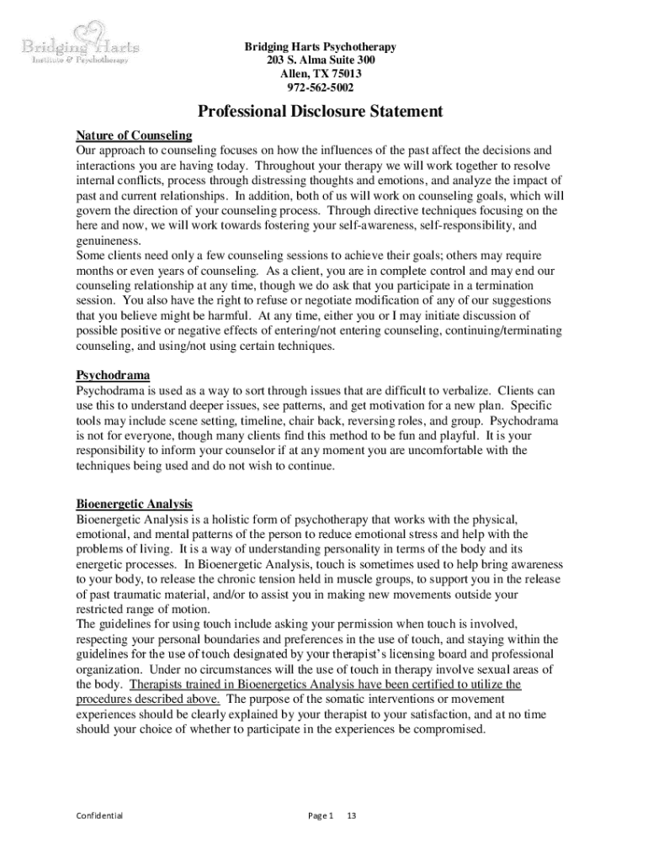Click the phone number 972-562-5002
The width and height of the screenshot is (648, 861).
coord(321,87)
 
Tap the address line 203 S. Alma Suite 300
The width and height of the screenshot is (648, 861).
coord(320,61)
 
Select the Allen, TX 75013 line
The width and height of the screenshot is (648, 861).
coord(321,74)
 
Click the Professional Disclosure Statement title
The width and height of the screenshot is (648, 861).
coord(320,111)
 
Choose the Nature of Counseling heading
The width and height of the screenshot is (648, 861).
coord(135,135)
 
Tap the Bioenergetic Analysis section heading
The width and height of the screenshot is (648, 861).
coord(135,504)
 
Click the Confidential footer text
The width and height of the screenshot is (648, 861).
coord(99,815)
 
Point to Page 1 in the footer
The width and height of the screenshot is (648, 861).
coord(321,815)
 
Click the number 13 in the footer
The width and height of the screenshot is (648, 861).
coord(353,815)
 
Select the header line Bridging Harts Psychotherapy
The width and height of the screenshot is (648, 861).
coord(320,47)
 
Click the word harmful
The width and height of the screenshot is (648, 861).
coord(229,315)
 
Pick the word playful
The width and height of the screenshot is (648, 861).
coord(459,436)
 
